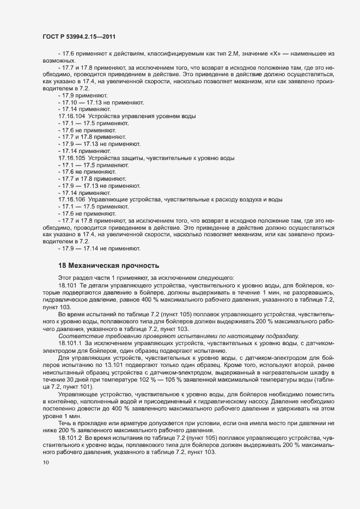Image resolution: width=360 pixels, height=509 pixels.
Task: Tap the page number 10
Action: pyautogui.click(x=46, y=463)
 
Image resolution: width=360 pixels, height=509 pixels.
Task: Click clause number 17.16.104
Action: pyautogui.click(x=71, y=116)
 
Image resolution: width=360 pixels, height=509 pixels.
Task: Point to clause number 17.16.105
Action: pyautogui.click(x=71, y=158)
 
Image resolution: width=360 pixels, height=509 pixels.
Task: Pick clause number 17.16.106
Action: pyautogui.click(x=71, y=200)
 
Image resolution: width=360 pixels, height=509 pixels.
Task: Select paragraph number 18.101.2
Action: pyautogui.click(x=69, y=438)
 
